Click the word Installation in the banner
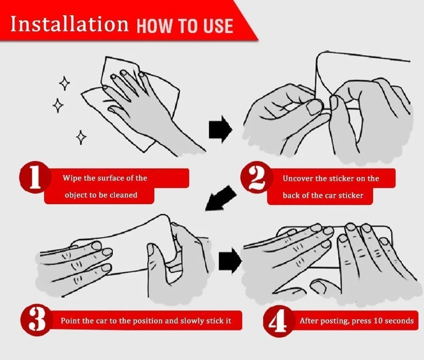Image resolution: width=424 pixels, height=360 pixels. [70, 24]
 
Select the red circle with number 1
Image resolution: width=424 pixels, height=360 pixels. [35, 177]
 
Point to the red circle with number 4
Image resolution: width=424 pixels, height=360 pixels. [279, 321]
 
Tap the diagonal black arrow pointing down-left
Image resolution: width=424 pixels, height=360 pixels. [220, 198]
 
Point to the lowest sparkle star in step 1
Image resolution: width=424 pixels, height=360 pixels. [81, 137]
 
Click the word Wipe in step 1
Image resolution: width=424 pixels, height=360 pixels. [72, 178]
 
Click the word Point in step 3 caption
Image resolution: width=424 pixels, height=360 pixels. [70, 321]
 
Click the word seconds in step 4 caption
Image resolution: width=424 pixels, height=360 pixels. [399, 321]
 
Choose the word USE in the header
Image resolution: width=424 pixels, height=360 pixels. [218, 26]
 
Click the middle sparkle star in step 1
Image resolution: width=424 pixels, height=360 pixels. [58, 105]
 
